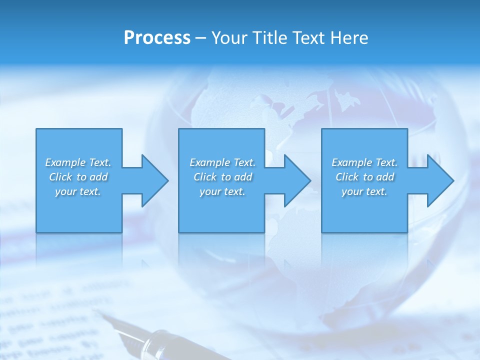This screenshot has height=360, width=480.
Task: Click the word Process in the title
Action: click(157, 38)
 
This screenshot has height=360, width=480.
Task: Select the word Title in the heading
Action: click(270, 38)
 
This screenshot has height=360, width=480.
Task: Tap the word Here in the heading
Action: click(350, 38)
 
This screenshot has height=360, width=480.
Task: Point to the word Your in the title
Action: click(230, 38)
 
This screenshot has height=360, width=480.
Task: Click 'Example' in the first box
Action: click(65, 162)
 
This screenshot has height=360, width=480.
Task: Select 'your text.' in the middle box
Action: click(222, 191)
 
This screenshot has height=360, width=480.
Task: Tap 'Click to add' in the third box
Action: click(364, 177)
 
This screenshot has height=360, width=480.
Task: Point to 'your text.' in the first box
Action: click(78, 191)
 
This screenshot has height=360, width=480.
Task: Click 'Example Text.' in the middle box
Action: click(222, 162)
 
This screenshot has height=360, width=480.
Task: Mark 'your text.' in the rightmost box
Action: click(364, 191)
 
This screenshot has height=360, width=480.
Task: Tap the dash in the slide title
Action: click(201, 38)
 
